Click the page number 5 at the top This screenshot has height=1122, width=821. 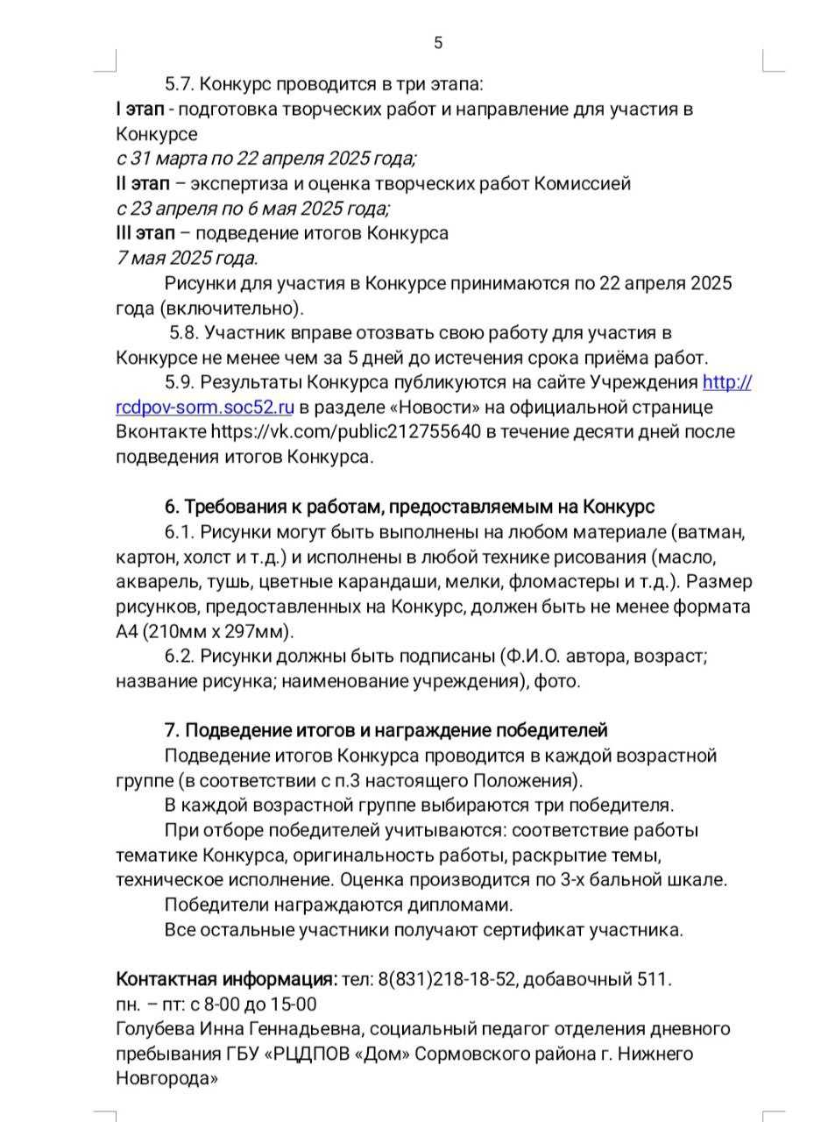438,43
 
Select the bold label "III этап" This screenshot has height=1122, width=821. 145,234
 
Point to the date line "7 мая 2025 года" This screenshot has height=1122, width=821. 186,259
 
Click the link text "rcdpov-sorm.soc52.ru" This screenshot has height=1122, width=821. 204,408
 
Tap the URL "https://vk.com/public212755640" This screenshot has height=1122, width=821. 346,432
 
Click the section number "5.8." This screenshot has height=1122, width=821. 186,333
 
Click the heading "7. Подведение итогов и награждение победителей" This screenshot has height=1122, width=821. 386,731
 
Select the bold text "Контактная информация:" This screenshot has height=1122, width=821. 226,980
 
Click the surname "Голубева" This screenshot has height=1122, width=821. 152,1029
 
